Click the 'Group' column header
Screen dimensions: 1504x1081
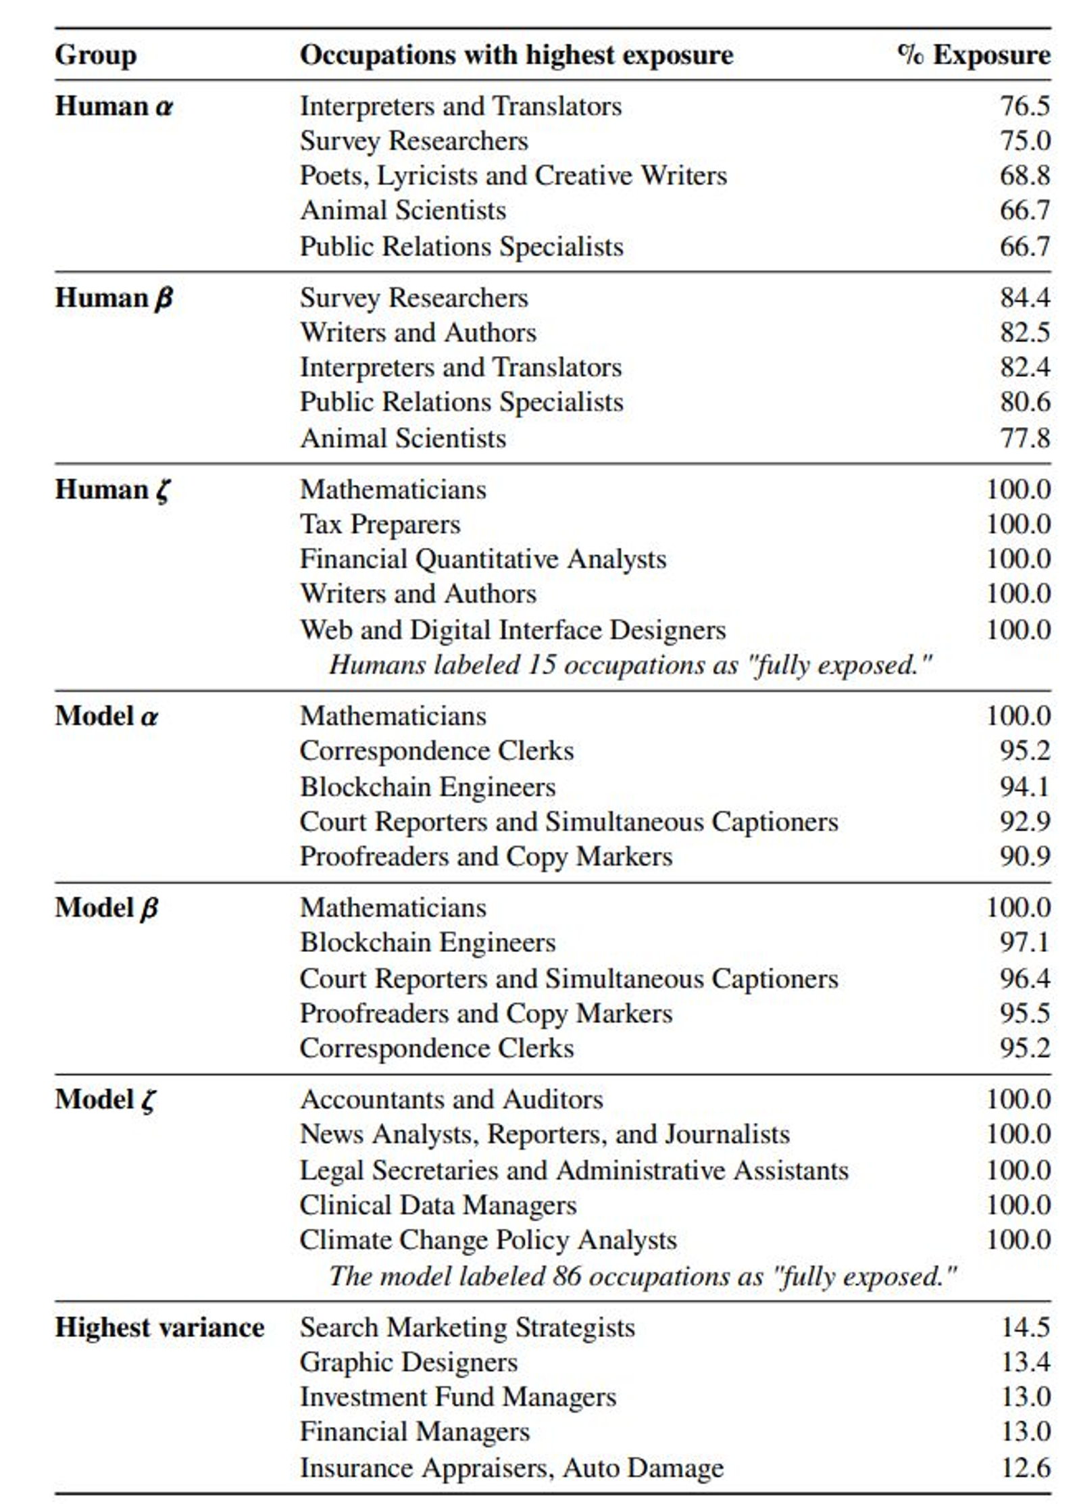tap(95, 55)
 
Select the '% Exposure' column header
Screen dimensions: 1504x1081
tap(974, 55)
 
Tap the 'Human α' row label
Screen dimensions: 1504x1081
tap(114, 107)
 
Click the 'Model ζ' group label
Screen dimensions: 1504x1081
tap(105, 1099)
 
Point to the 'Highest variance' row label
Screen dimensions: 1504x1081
tap(159, 1328)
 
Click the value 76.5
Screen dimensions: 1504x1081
tap(1025, 107)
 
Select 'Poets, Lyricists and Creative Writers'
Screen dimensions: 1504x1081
tap(513, 176)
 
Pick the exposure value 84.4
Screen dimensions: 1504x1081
tap(1025, 298)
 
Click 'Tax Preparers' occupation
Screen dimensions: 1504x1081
tap(380, 525)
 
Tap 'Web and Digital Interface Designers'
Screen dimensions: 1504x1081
tap(513, 630)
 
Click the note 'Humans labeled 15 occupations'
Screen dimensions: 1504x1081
tap(630, 666)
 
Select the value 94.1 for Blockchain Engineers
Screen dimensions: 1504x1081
tap(1025, 787)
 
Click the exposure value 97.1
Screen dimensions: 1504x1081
tap(1025, 943)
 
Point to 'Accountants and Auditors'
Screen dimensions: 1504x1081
tap(451, 1099)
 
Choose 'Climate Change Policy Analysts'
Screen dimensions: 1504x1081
tap(488, 1240)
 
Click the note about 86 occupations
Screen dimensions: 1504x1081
tap(642, 1276)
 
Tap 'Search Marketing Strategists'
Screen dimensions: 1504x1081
tap(468, 1328)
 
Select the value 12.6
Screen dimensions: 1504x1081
tap(1025, 1468)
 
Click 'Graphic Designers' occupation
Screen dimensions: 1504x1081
tap(409, 1362)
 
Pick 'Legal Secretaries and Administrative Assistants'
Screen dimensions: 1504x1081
tap(574, 1170)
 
